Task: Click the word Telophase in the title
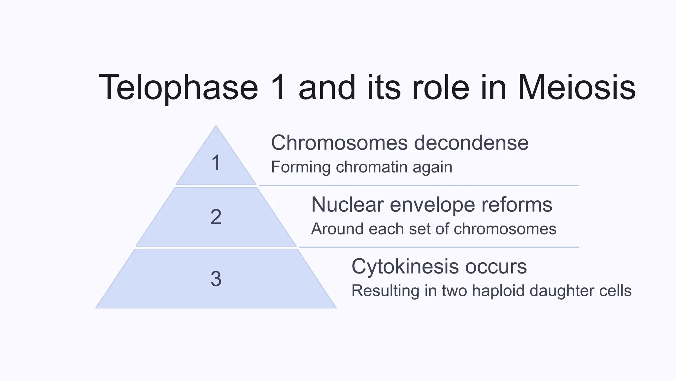[178, 88]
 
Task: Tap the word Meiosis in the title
[576, 87]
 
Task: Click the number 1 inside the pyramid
[216, 163]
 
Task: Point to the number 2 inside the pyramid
[216, 217]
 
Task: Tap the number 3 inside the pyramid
[216, 278]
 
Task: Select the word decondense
[471, 143]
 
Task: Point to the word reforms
[517, 204]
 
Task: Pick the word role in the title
[440, 87]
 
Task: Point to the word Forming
[301, 167]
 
